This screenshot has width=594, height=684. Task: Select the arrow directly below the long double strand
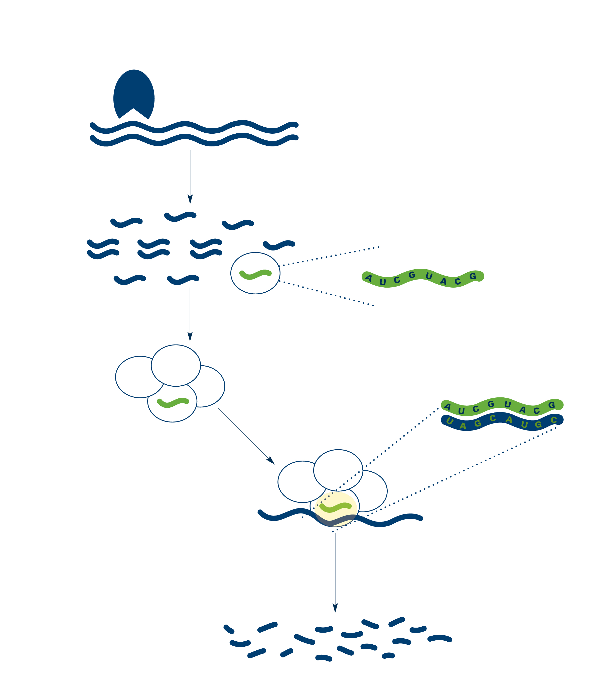pos(190,177)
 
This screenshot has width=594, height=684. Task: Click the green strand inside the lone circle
pos(255,275)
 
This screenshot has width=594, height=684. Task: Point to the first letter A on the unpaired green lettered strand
pos(369,278)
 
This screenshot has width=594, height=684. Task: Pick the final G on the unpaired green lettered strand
pos(473,276)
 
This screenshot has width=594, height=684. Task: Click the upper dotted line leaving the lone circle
pos(329,256)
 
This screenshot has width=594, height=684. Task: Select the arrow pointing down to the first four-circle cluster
pos(190,314)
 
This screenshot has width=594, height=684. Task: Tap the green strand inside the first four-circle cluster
pos(173,403)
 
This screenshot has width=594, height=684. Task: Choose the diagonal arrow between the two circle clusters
pos(246,436)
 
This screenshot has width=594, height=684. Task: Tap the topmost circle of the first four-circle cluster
pos(176,365)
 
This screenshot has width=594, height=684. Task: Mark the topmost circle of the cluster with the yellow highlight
pos(338,470)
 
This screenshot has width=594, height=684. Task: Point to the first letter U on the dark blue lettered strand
pos(450,421)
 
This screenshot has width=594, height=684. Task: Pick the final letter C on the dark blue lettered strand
pos(554,420)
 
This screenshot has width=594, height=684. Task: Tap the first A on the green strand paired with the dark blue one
pos(447,406)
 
